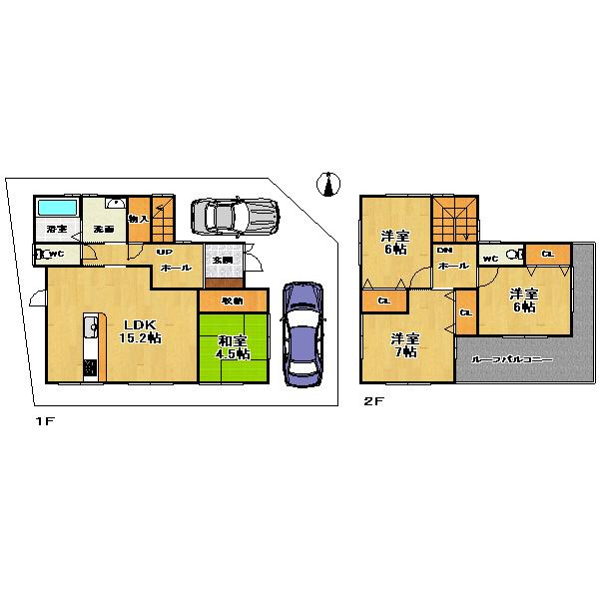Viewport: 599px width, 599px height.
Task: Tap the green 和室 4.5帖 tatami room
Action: [233, 346]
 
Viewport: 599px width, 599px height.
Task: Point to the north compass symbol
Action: [327, 184]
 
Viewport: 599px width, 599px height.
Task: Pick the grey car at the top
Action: [233, 214]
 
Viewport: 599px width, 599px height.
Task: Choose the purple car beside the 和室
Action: [302, 332]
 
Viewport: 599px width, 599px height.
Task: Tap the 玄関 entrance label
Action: [221, 260]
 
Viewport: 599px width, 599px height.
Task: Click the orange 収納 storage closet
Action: [233, 299]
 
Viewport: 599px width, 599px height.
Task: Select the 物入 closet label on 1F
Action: [139, 219]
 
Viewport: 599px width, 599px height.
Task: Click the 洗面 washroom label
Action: [103, 230]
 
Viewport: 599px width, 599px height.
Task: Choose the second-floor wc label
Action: [490, 259]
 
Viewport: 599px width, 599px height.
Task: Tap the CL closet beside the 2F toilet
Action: [546, 254]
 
